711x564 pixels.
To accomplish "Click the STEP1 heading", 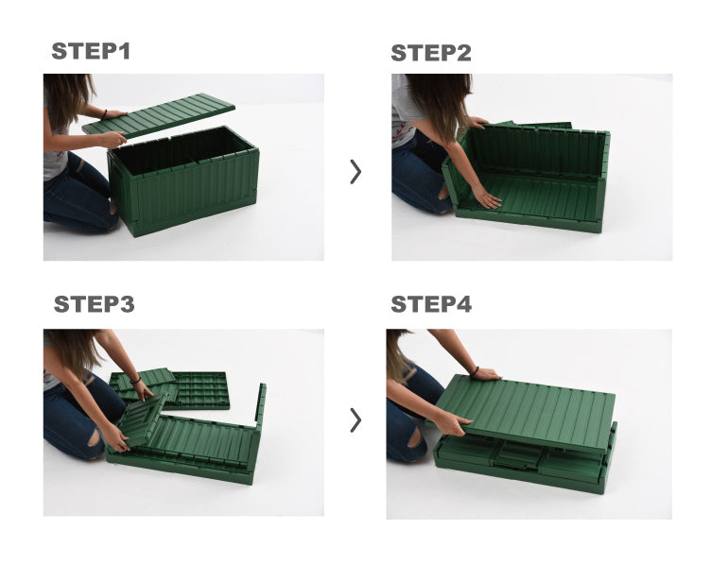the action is [91, 51].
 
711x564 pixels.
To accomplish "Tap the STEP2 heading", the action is [431, 53].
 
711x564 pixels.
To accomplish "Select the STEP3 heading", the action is [94, 304].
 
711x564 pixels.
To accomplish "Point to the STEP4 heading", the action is [431, 304].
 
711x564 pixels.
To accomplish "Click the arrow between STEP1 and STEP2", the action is [355, 172].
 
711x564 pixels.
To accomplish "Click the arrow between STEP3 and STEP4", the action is [355, 420].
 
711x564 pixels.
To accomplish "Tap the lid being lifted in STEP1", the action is [159, 115].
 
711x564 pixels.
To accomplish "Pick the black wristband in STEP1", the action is [104, 114].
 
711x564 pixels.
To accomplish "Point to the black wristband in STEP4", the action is [475, 371].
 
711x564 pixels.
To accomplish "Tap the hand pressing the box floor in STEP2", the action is [486, 198].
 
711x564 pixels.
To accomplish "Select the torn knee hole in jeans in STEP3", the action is [95, 437].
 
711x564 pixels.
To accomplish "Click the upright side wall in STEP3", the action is [260, 408].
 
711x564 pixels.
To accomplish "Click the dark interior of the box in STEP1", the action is [182, 149].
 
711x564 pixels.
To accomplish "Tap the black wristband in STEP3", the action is [135, 380].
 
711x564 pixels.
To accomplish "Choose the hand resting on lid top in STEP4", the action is [486, 374].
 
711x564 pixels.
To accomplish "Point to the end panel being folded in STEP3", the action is [142, 419].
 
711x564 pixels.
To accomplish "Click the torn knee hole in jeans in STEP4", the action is [415, 437].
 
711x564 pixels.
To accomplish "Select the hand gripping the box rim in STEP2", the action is [477, 122].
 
